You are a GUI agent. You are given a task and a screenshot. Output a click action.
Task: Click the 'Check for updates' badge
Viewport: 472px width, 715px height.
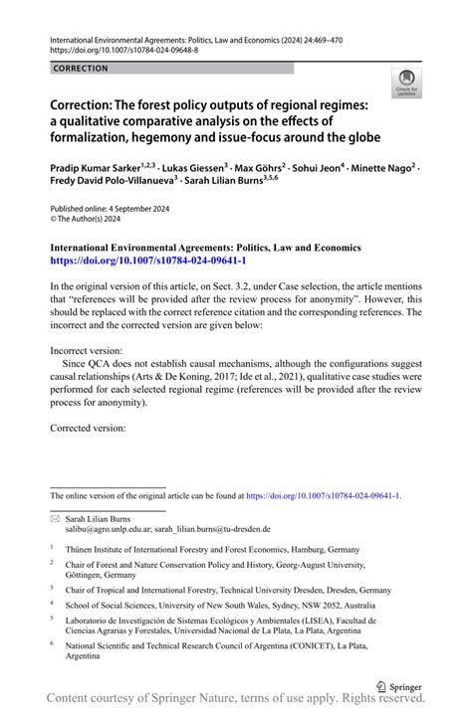click(x=406, y=85)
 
